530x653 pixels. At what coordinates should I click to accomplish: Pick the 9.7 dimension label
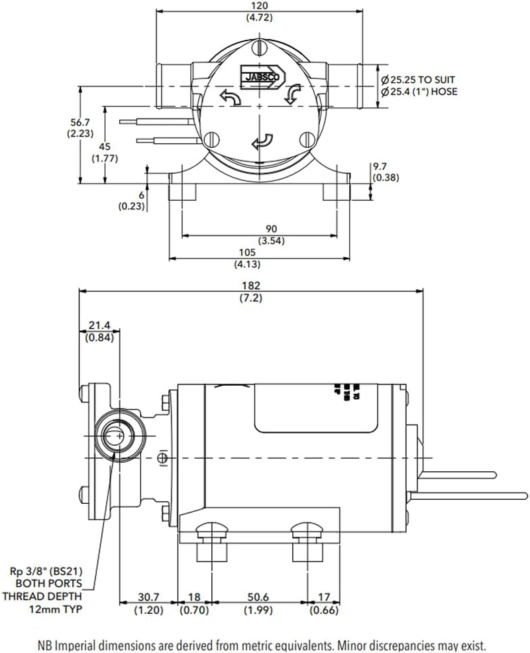coord(380,167)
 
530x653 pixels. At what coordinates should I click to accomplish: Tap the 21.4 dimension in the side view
coord(99,326)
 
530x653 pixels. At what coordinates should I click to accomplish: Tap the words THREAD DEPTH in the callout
coord(48,595)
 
